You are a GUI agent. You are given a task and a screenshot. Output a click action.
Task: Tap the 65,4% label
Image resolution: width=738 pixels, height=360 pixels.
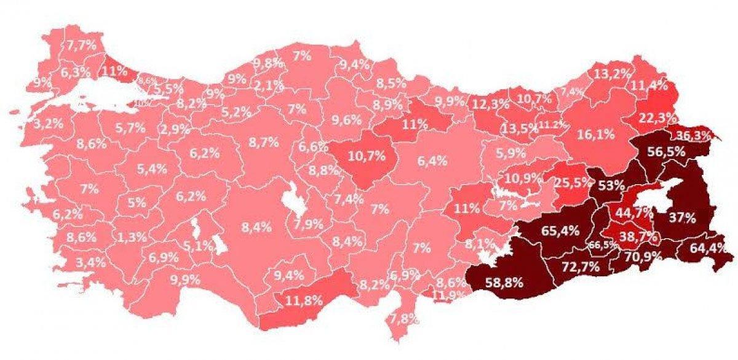(560, 231)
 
